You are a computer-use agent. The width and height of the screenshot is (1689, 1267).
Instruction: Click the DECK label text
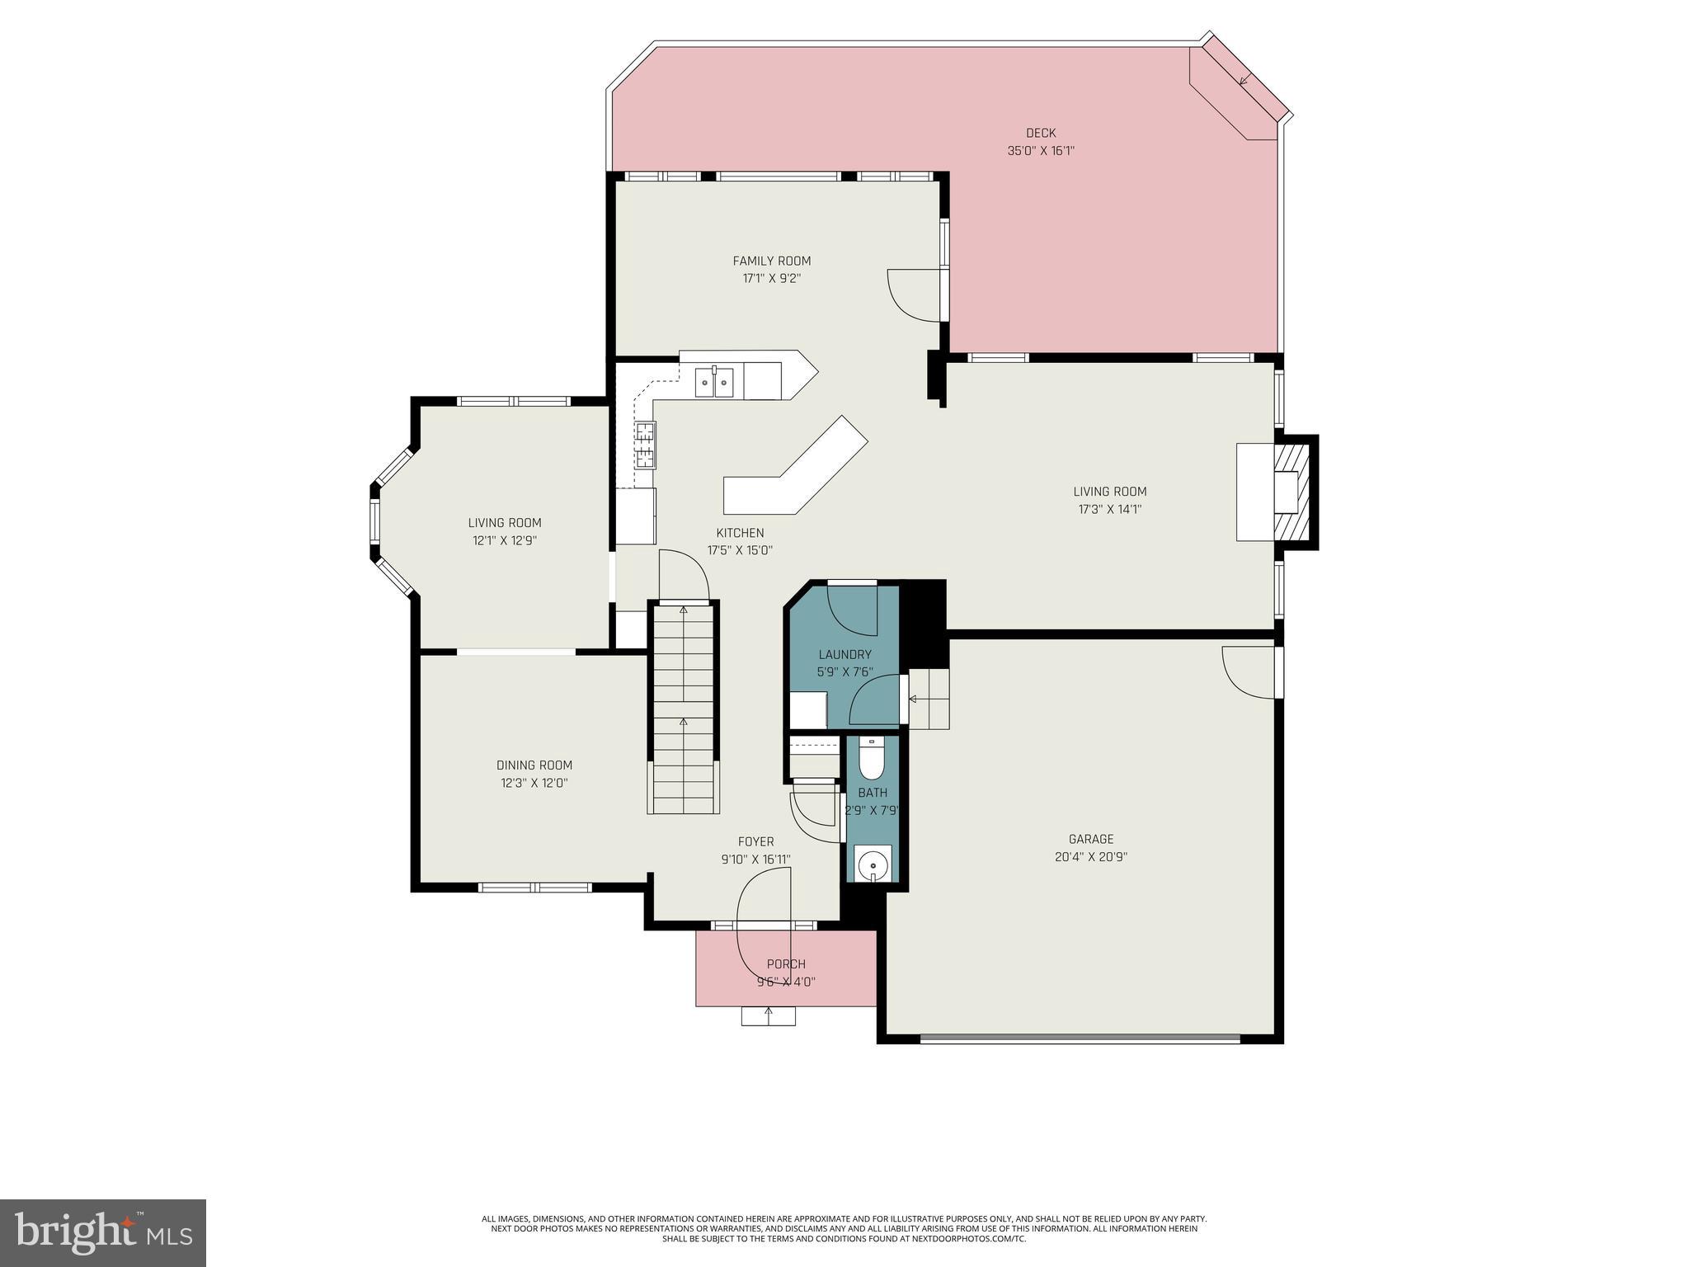(x=1040, y=133)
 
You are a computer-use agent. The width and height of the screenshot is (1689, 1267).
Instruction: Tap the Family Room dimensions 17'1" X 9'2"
(x=771, y=279)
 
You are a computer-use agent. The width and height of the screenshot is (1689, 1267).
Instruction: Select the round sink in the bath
(x=872, y=865)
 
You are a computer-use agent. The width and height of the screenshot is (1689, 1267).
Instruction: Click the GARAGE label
(x=1090, y=839)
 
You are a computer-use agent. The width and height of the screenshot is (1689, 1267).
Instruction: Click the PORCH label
(x=785, y=963)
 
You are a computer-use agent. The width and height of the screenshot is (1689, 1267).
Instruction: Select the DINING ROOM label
(x=534, y=765)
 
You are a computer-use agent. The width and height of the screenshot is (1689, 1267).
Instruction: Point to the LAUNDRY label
(x=844, y=654)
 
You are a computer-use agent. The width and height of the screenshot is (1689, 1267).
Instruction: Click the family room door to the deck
(x=914, y=294)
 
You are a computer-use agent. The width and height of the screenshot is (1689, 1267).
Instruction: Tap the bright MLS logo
(x=103, y=1233)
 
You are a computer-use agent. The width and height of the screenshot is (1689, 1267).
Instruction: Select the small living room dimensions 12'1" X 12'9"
(x=504, y=541)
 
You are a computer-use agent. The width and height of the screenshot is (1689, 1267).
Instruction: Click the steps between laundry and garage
(x=929, y=699)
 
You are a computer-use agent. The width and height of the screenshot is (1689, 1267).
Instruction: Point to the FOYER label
(x=755, y=841)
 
